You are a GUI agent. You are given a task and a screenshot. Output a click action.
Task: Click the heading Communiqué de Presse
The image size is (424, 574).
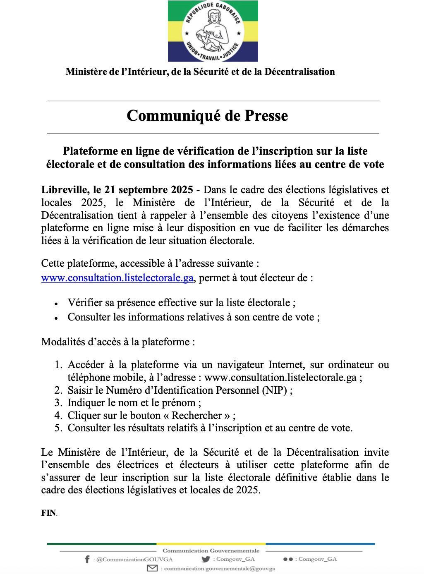pos(207,116)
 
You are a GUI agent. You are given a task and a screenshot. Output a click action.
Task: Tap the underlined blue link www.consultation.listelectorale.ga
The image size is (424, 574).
pos(117,278)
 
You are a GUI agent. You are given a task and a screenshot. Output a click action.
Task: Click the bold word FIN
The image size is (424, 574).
pos(48,513)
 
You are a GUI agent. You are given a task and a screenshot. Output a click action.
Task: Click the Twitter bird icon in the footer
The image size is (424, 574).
pos(206,559)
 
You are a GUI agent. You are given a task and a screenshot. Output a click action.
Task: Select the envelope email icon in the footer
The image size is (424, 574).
pos(153,569)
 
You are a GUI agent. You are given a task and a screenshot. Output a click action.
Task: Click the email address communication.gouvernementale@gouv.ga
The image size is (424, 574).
pos(220,569)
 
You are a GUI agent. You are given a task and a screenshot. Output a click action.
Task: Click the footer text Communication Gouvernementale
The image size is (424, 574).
pos(211,550)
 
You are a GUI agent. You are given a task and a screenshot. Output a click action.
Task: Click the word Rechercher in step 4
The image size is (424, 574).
pos(197,416)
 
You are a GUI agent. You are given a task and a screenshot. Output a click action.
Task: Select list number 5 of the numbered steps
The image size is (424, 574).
pos(58,428)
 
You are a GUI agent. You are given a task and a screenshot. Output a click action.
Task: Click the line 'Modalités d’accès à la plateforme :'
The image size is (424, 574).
pos(118,342)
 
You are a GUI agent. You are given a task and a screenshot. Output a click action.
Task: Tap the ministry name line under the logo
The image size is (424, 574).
pos(200,72)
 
